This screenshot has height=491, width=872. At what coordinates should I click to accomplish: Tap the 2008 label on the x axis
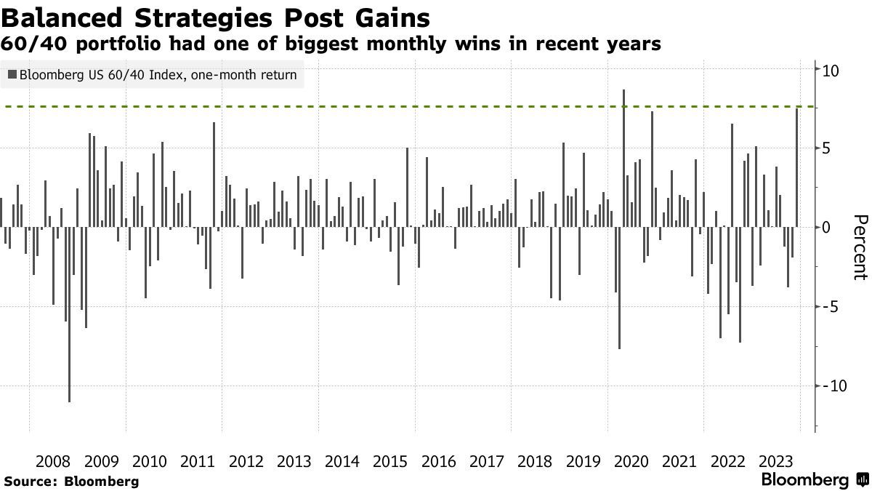coord(53,462)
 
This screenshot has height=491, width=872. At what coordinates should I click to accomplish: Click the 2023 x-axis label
coord(775,462)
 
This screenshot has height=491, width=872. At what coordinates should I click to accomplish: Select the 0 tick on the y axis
coord(826,228)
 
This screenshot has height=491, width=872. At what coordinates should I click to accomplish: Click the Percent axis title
coord(860,247)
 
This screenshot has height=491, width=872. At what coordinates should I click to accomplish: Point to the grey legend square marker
coord(12,74)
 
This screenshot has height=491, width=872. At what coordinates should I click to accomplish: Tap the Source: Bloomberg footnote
coord(71,482)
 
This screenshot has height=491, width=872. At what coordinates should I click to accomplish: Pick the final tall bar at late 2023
coord(797,167)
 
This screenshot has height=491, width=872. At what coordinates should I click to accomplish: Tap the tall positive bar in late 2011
coord(214,175)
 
